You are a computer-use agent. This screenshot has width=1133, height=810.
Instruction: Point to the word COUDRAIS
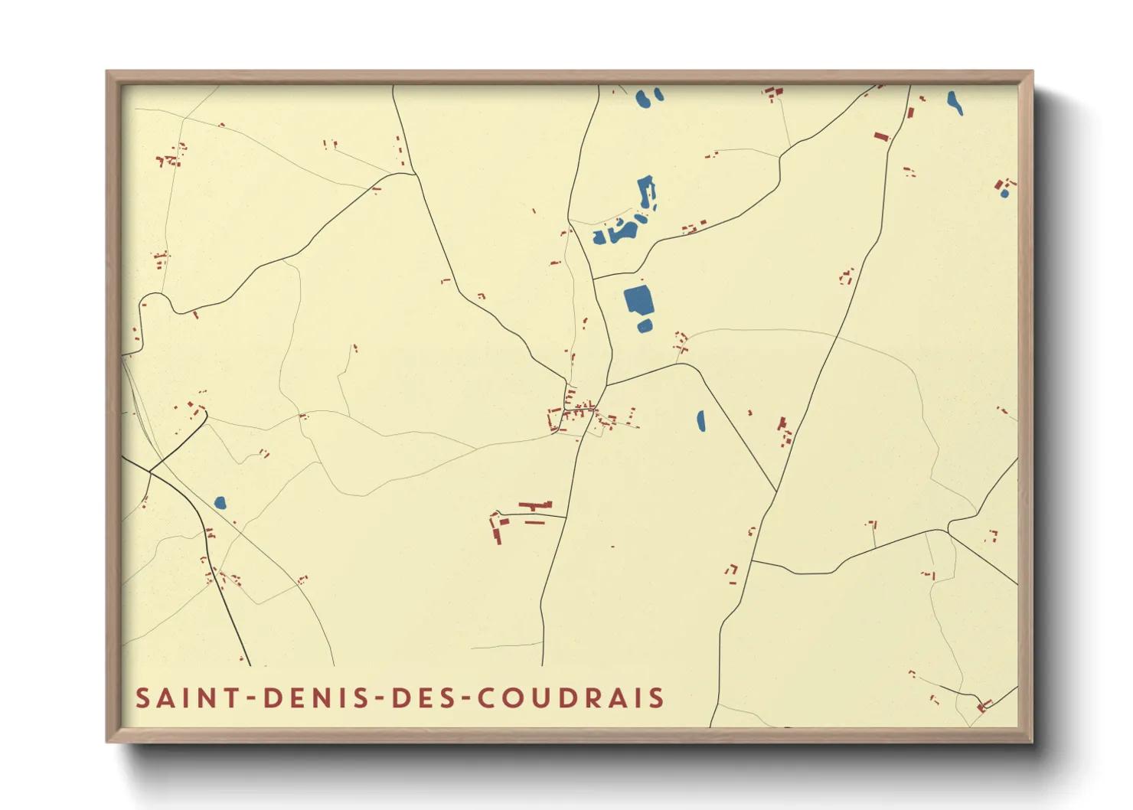pos(571,698)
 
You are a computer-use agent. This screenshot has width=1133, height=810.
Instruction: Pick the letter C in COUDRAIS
pos(487,698)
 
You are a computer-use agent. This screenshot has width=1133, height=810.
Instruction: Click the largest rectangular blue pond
pos(638,300)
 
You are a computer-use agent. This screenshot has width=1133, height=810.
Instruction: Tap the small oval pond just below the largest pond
pos(645,327)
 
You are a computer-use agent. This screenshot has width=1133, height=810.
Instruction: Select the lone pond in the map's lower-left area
pos(220,503)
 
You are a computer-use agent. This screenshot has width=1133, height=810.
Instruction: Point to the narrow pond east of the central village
pos(701,421)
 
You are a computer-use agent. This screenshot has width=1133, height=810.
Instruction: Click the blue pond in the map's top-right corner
pos(955,103)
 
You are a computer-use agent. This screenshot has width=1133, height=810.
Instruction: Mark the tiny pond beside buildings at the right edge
pos(1004,194)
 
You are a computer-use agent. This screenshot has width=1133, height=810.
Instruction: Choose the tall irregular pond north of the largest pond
pos(646,193)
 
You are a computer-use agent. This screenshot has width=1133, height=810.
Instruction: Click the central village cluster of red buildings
pos(580,414)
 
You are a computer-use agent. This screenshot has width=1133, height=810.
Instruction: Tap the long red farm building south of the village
pos(535,505)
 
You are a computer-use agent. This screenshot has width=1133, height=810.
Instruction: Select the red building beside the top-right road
pos(882,137)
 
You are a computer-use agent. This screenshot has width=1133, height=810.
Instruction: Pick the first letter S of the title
pos(142,698)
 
